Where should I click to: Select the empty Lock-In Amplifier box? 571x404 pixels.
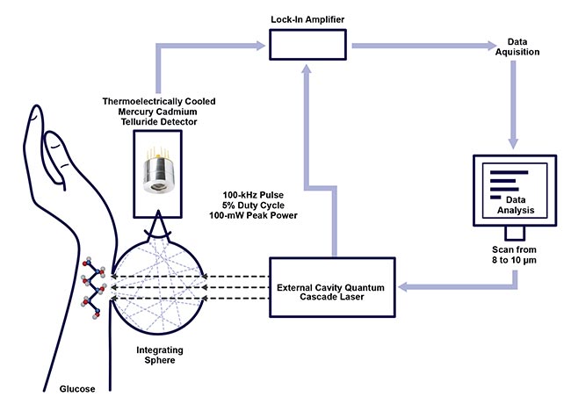[302, 44]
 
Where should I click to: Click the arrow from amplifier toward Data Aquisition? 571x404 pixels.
[413, 43]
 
